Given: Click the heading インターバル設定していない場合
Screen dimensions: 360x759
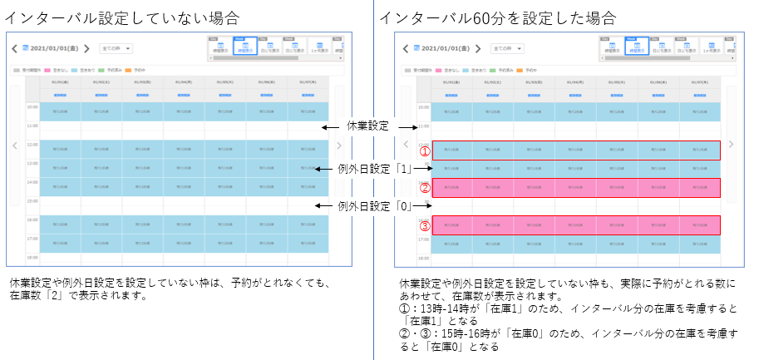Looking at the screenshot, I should click(122, 17).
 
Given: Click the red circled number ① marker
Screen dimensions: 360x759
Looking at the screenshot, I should click(424, 152).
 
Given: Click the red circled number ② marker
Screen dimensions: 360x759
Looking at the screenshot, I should click(424, 188).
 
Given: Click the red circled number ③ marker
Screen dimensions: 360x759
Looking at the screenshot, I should click(424, 225).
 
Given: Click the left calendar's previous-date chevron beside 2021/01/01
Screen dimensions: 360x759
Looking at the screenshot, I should click(14, 49).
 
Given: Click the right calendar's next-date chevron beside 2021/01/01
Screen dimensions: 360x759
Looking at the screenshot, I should click(480, 49).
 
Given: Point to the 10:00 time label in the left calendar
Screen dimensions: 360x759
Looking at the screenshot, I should click(32, 107).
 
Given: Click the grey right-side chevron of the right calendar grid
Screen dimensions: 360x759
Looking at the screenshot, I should click(731, 144).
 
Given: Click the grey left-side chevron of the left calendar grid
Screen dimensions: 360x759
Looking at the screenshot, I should click(14, 144).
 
